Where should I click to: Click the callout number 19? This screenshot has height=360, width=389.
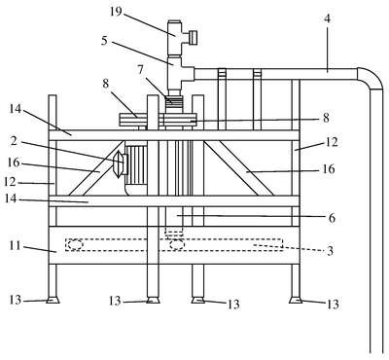(x=116, y=12)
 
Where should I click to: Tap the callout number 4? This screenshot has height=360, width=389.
(x=328, y=18)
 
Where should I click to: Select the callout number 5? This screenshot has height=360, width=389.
(x=104, y=41)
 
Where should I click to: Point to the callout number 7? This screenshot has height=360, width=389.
(x=140, y=69)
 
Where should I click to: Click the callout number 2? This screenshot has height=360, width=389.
(x=14, y=141)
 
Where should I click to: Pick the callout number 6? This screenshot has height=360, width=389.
(x=332, y=218)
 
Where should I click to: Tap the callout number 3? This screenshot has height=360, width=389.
(x=330, y=251)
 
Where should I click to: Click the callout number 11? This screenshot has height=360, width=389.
(x=16, y=245)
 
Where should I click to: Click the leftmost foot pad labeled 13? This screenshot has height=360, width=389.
(x=53, y=301)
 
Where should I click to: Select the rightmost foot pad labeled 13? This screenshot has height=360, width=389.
(x=296, y=301)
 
